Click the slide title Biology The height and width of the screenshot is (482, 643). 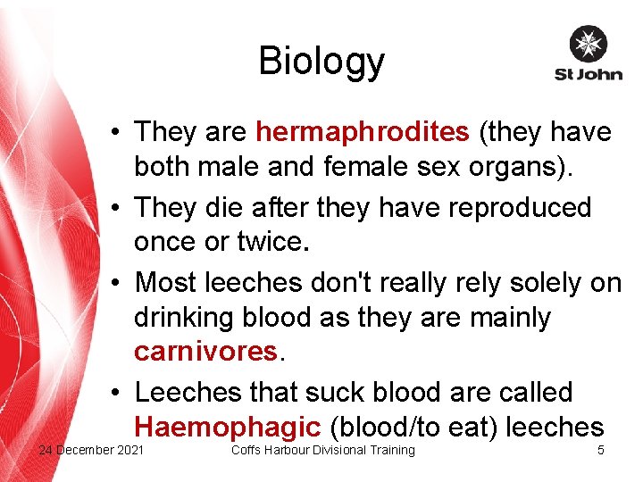pyautogui.click(x=321, y=61)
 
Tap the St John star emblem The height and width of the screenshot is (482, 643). pyautogui.click(x=588, y=45)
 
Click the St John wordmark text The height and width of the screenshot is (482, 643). pyautogui.click(x=588, y=74)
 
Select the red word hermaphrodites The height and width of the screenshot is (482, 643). pyautogui.click(x=362, y=132)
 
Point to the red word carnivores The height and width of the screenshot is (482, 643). pyautogui.click(x=206, y=351)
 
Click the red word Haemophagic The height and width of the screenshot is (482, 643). pyautogui.click(x=226, y=426)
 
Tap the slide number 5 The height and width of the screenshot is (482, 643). pyautogui.click(x=600, y=450)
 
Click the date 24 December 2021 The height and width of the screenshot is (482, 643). pyautogui.click(x=91, y=450)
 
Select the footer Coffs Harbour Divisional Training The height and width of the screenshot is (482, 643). pyautogui.click(x=322, y=450)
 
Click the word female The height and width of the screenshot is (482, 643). pyautogui.click(x=396, y=167)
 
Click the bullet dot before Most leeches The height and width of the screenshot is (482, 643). pyautogui.click(x=117, y=284)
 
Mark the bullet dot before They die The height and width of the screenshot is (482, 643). pyautogui.click(x=117, y=208)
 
